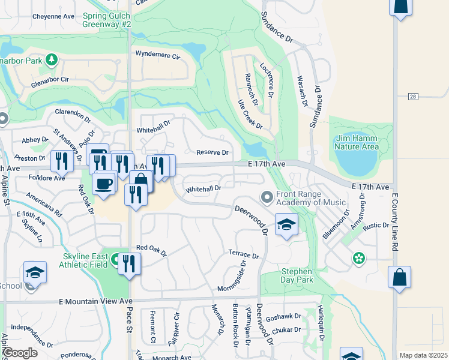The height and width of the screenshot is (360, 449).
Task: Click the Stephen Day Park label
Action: [297, 276]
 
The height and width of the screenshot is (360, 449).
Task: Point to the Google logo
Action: [20, 353]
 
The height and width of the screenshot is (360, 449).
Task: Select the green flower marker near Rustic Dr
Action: [359, 258]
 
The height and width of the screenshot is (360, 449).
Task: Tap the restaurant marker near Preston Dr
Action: [61, 160]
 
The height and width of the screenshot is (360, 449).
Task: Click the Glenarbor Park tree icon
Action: [52, 59]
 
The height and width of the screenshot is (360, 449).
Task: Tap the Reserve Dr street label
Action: [213, 153]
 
